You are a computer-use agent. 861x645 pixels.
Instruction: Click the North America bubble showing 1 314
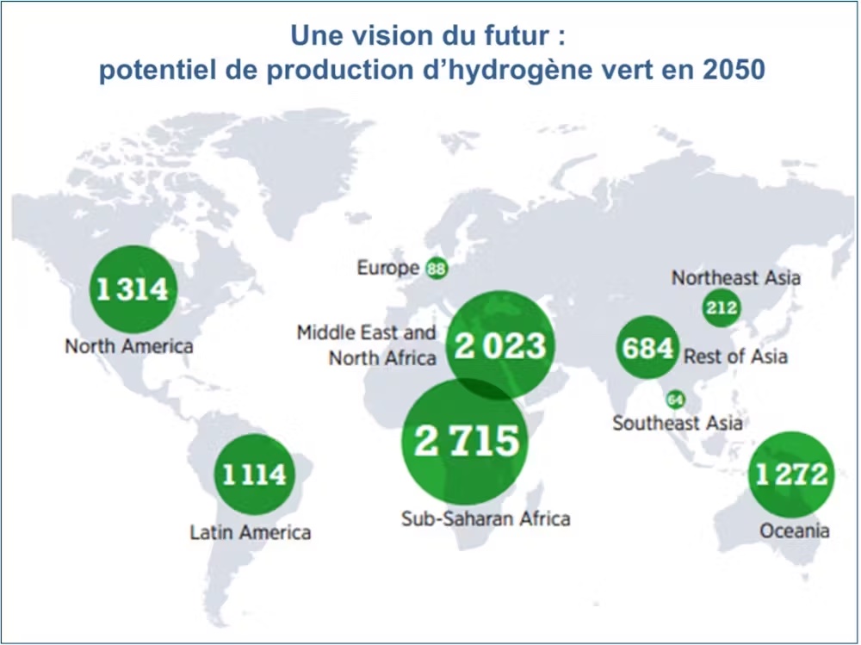(132, 289)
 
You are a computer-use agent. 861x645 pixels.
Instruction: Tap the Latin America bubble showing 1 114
(254, 474)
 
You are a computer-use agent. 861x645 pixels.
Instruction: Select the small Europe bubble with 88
(437, 269)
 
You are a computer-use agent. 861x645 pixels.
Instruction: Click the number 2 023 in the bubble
(500, 346)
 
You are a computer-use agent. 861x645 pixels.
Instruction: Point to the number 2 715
(467, 440)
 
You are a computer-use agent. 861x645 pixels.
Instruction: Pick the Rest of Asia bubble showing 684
(647, 349)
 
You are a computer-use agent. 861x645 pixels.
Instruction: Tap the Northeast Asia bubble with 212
(720, 307)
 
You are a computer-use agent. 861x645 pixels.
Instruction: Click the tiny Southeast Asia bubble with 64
(675, 400)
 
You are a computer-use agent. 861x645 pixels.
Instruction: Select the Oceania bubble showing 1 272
(792, 474)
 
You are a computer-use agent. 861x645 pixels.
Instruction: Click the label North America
(129, 346)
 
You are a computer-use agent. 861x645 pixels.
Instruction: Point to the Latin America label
(251, 532)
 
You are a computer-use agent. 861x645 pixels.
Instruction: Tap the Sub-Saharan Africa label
(486, 518)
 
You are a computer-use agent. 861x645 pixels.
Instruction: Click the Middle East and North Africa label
(369, 344)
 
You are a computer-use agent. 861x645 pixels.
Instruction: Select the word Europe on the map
(388, 268)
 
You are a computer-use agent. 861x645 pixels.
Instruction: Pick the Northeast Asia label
(736, 277)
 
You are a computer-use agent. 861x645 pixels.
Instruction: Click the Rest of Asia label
(735, 356)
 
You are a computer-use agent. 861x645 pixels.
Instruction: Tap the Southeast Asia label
(678, 423)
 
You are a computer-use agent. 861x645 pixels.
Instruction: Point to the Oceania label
(795, 530)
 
